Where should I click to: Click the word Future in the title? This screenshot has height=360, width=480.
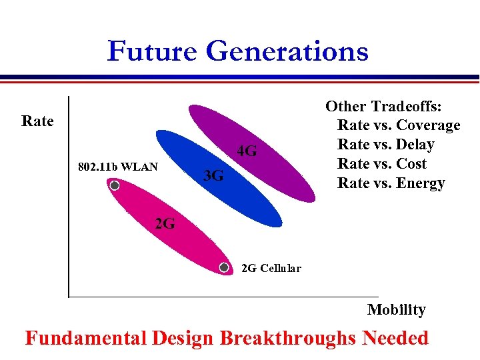pos(153,51)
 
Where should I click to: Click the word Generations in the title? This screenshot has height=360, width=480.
pos(287,51)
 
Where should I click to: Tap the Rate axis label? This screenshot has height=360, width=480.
pos(37,121)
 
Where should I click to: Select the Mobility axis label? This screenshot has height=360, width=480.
pos(396,309)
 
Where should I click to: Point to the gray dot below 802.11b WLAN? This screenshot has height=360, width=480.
pos(115,186)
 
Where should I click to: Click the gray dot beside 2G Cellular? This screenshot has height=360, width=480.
pos(225,268)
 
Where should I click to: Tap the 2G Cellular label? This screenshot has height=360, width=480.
pos(271,269)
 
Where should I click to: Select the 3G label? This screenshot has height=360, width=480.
pos(213,176)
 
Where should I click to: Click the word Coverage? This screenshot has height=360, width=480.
pos(428,125)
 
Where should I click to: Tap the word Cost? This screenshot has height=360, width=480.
pos(411,164)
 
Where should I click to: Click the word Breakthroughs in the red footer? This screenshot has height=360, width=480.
pos(288,338)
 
